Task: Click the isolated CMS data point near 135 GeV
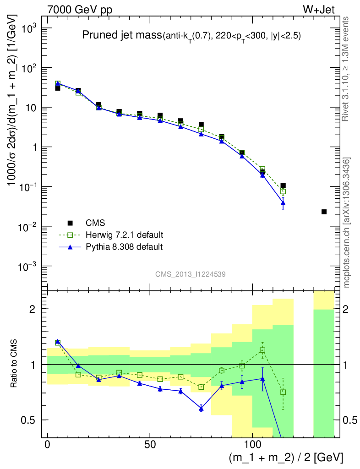(324, 212)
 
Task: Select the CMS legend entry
(95, 223)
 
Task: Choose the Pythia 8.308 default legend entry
(124, 247)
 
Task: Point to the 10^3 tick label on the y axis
(27, 28)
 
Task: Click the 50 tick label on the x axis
(150, 444)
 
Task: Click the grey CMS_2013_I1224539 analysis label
(190, 274)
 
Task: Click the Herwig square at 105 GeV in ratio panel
(262, 350)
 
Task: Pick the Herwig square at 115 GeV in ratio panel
(283, 392)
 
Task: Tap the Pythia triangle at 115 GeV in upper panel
(283, 202)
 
